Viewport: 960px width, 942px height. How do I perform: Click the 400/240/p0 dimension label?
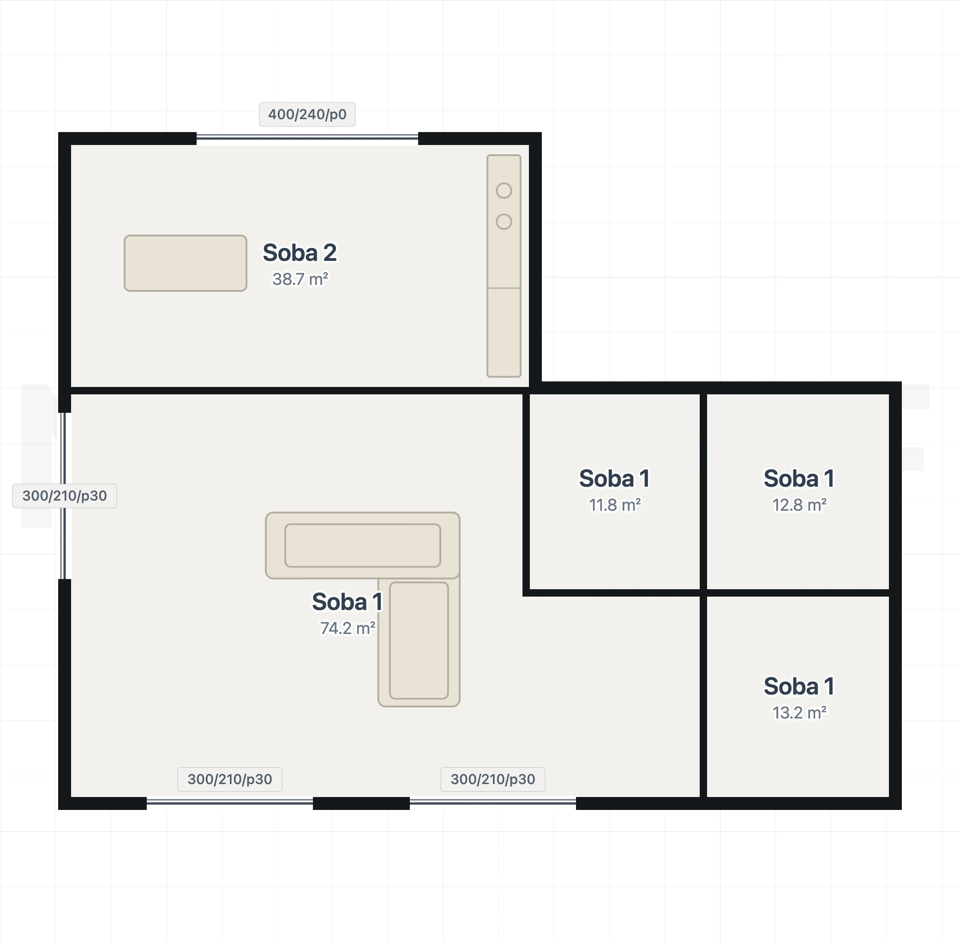click(x=307, y=115)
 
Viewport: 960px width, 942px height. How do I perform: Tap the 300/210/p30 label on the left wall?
click(x=65, y=496)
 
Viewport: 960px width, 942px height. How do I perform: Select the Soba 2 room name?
click(x=300, y=253)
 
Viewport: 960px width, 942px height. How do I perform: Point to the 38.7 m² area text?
click(x=300, y=279)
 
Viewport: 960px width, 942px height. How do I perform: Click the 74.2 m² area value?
click(x=348, y=628)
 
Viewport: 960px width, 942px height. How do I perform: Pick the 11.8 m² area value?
click(x=615, y=505)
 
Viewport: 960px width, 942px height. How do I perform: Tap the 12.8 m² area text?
click(x=799, y=505)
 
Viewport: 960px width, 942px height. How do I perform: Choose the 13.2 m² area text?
click(x=799, y=713)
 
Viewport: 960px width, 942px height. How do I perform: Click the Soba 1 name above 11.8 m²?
click(x=614, y=478)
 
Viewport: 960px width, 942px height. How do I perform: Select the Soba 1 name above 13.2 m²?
click(x=799, y=686)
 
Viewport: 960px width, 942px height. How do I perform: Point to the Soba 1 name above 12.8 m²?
click(x=799, y=478)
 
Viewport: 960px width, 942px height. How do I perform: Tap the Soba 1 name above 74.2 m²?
click(x=347, y=602)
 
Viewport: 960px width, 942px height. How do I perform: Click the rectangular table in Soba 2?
click(x=186, y=263)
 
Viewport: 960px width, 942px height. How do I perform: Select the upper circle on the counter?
click(x=504, y=190)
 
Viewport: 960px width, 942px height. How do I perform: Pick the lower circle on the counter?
click(x=504, y=222)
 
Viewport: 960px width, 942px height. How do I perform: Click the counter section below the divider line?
click(x=504, y=332)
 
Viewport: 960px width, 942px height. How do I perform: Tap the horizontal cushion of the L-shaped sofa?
click(x=362, y=545)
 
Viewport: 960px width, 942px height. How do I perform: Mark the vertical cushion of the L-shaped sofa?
click(x=419, y=640)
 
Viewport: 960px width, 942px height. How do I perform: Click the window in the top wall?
click(x=307, y=138)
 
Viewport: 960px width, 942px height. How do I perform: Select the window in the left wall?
click(x=63, y=496)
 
